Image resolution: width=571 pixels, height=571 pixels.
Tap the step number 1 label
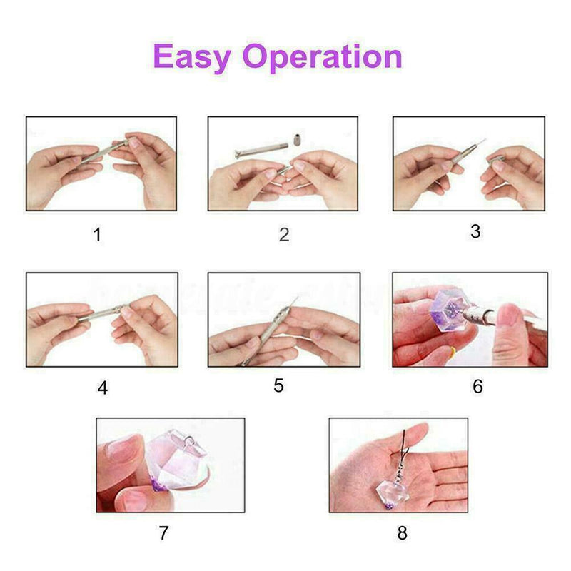click(97, 235)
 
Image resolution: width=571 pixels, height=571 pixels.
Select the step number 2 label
click(284, 235)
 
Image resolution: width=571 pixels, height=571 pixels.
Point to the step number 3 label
click(475, 231)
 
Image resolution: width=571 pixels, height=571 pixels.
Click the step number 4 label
click(103, 388)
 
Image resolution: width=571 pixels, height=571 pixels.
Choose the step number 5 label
click(278, 385)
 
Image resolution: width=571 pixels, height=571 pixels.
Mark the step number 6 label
click(477, 387)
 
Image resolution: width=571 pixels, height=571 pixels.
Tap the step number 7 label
click(166, 532)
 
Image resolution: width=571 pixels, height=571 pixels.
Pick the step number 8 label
click(403, 532)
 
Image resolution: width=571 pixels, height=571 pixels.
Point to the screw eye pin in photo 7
click(190, 445)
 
